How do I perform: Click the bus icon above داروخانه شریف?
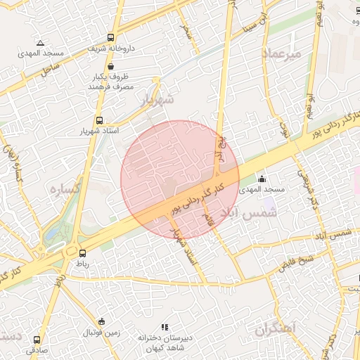tap(110, 38)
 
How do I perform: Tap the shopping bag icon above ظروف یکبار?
tap(110, 66)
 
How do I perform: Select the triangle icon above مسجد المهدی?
tap(40, 43)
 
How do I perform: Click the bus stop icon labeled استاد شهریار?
tap(99, 120)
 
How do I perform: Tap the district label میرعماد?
tap(281, 54)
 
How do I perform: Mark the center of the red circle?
tap(180, 179)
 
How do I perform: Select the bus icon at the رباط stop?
tap(83, 253)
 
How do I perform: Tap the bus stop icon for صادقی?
tap(37, 339)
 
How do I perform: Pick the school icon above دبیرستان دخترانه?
tap(165, 327)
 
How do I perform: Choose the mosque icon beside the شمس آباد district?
tap(263, 179)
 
